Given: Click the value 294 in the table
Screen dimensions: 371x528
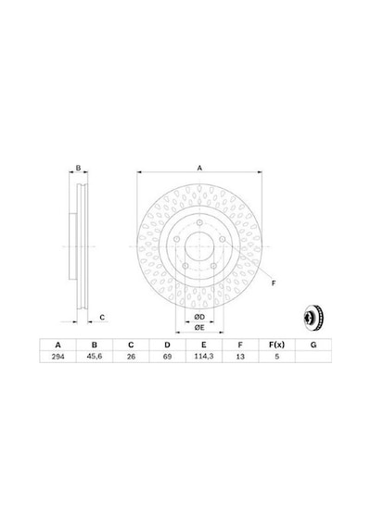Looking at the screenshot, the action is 58,357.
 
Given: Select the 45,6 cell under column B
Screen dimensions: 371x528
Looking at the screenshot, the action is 95,357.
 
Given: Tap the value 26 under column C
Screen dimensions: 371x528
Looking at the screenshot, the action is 131,357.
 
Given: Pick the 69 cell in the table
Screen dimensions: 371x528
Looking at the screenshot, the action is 167,357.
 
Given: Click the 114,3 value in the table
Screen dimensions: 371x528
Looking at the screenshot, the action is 204,357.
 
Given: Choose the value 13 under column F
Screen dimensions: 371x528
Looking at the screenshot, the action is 240,357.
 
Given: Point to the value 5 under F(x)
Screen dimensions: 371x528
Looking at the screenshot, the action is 277,357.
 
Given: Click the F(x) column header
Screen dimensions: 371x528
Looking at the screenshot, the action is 277,345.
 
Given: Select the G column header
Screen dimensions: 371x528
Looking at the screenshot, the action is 313,345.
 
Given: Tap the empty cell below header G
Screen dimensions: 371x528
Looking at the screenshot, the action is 313,357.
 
